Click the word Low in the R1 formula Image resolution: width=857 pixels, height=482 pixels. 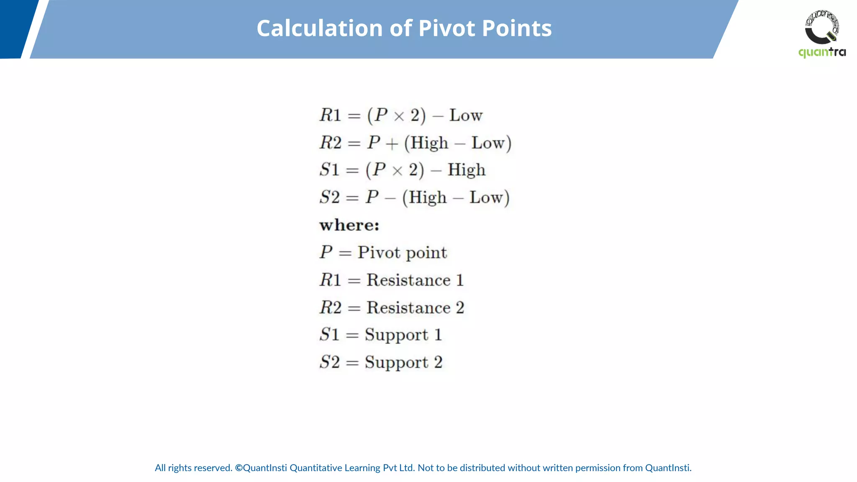(466, 115)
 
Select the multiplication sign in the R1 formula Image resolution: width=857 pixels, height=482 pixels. (399, 116)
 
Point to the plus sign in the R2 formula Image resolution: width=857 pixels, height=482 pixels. (392, 144)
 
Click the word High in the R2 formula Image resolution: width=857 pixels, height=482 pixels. (429, 143)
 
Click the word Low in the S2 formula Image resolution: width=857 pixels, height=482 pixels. (486, 197)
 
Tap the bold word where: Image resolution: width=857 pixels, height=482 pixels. (349, 225)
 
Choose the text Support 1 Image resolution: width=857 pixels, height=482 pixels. (403, 335)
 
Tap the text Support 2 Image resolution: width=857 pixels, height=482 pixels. (403, 362)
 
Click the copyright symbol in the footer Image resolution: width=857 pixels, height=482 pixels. (239, 468)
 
